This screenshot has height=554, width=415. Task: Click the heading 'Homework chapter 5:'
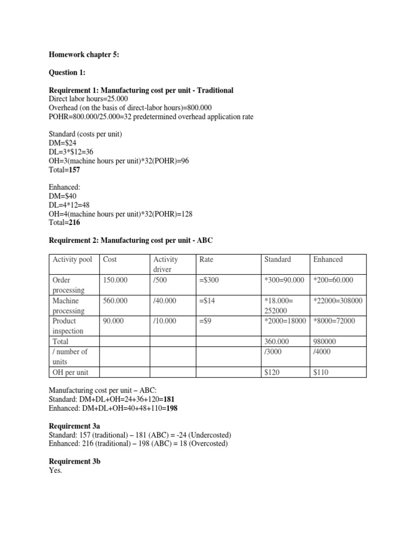(x=80, y=55)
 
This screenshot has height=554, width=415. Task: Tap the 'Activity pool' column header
(x=72, y=260)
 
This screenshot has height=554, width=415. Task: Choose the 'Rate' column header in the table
(x=206, y=260)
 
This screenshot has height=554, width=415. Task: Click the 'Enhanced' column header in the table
(x=327, y=260)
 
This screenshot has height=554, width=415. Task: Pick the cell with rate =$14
(x=207, y=301)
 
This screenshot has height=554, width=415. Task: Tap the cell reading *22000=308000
(x=338, y=301)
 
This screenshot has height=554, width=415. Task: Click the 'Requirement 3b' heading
(x=75, y=461)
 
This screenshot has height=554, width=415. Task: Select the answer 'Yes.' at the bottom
(x=56, y=471)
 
